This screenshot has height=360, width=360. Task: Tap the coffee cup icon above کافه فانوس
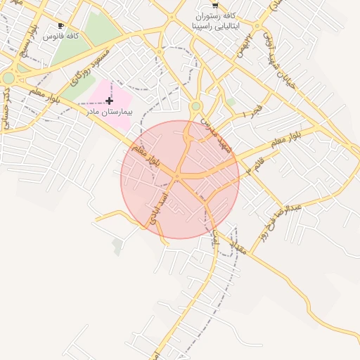coord(61,25)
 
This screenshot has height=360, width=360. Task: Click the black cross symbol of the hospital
coord(109,101)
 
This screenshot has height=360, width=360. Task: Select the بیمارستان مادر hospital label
coord(109,112)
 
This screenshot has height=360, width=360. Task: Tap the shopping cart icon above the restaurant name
coord(215,4)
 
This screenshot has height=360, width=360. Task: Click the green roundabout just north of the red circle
coord(195,106)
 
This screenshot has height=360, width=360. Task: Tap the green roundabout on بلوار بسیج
coord(8,78)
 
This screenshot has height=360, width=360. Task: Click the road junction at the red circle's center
coord(179,179)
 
